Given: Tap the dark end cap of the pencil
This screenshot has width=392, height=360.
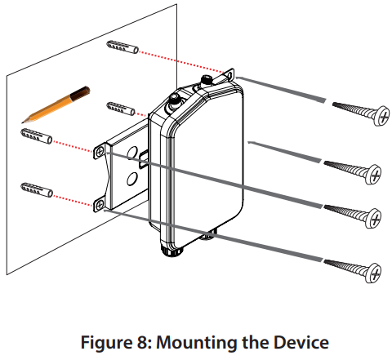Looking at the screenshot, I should pyautogui.click(x=84, y=91).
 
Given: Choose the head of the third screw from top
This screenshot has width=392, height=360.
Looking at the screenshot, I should pyautogui.click(x=376, y=217).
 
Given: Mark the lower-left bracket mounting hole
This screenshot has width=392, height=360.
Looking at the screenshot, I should pyautogui.click(x=99, y=202).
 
